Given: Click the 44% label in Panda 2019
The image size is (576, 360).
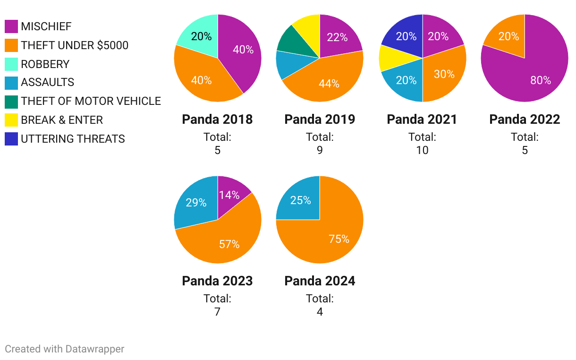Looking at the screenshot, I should point(329,84).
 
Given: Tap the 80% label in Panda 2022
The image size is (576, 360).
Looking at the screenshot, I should point(541,80).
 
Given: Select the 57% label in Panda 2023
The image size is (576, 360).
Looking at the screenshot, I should point(229,244).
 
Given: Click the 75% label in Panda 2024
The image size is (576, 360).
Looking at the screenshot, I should point(339,239).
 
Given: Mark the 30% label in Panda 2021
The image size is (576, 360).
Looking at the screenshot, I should point(444,74).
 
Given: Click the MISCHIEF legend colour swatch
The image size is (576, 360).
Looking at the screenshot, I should point(11,26).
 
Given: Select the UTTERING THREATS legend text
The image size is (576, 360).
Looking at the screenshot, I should point(73,139).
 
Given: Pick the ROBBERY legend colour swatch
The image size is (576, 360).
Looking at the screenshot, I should point(11,64).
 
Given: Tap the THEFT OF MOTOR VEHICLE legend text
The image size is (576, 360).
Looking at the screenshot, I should point(91,101).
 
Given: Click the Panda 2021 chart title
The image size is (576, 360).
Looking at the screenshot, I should point(422,120).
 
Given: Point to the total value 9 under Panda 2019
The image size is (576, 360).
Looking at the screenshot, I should point(320,150).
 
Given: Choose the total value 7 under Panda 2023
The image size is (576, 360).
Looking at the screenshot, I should point(217,312).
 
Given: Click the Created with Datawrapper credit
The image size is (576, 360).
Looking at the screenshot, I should point(65,349).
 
